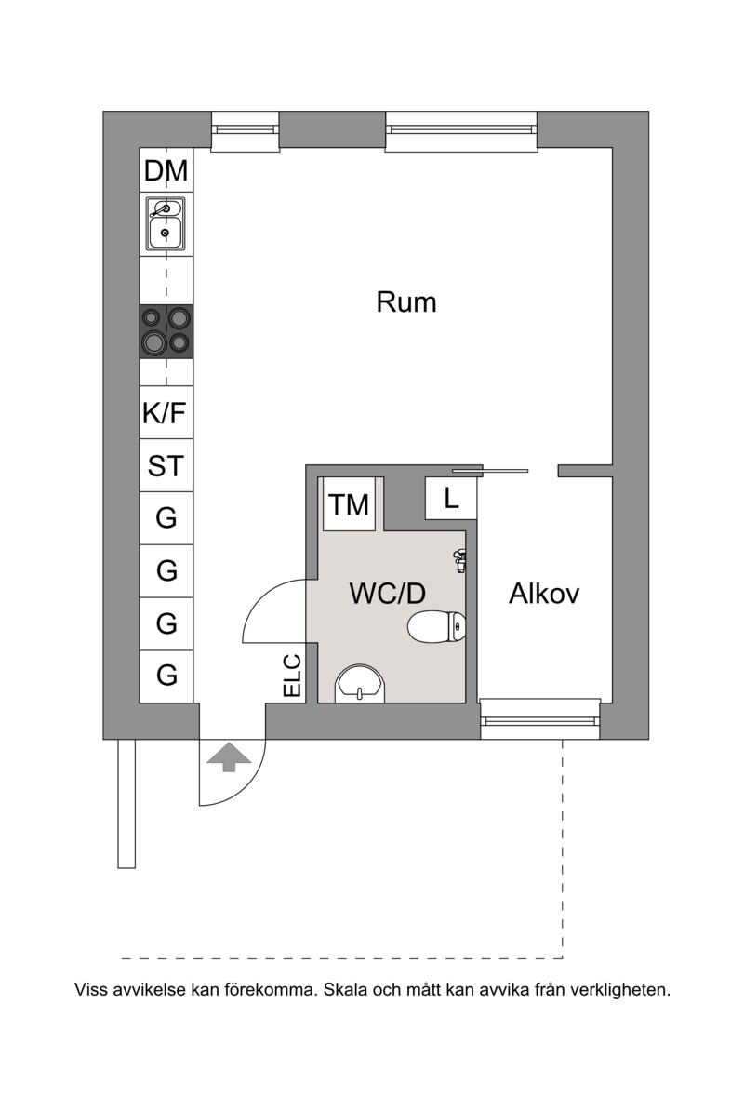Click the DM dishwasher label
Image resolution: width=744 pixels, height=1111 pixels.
click(166, 171)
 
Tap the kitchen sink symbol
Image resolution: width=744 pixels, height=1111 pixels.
click(166, 223)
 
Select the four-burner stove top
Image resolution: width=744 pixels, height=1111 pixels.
click(166, 331)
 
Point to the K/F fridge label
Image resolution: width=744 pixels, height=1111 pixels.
click(166, 413)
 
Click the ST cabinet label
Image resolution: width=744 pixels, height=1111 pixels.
click(166, 465)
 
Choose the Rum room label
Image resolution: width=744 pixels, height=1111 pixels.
click(406, 302)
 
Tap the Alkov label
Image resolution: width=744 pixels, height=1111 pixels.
click(544, 594)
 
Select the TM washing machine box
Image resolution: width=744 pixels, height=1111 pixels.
click(349, 505)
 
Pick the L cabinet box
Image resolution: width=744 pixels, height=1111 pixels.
click(451, 499)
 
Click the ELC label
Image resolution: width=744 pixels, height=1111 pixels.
click(292, 676)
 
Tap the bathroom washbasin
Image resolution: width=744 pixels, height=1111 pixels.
click(358, 683)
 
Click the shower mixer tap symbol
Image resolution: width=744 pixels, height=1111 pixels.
click(458, 558)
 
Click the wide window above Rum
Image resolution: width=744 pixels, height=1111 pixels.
click(461, 131)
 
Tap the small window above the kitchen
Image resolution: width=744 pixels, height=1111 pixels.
click(246, 131)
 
